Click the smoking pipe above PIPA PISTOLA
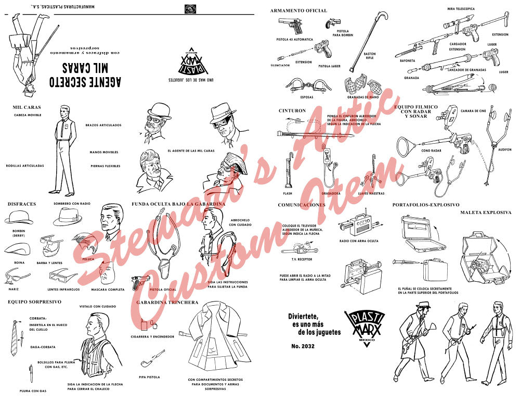148,362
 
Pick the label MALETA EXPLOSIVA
486,212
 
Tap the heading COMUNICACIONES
302,205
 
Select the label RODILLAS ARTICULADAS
25,166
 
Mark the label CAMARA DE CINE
473,111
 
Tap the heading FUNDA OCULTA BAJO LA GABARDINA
178,204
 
